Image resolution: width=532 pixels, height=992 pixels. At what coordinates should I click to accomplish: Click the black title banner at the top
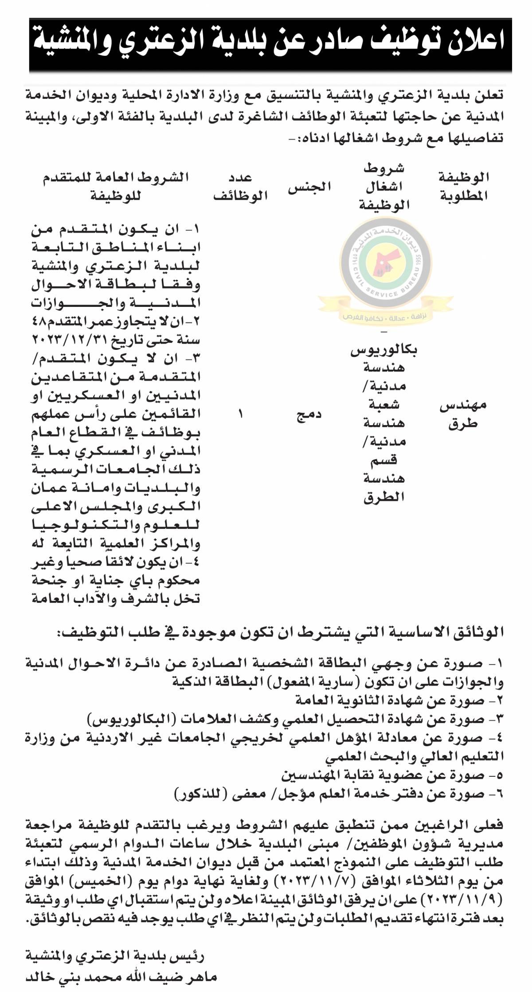[270, 45]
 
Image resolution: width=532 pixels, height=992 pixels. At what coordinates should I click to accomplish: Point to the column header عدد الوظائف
[241, 187]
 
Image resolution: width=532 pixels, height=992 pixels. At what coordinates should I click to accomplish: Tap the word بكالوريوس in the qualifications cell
[384, 350]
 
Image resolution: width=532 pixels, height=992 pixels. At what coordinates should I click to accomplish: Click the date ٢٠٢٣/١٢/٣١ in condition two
[71, 341]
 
